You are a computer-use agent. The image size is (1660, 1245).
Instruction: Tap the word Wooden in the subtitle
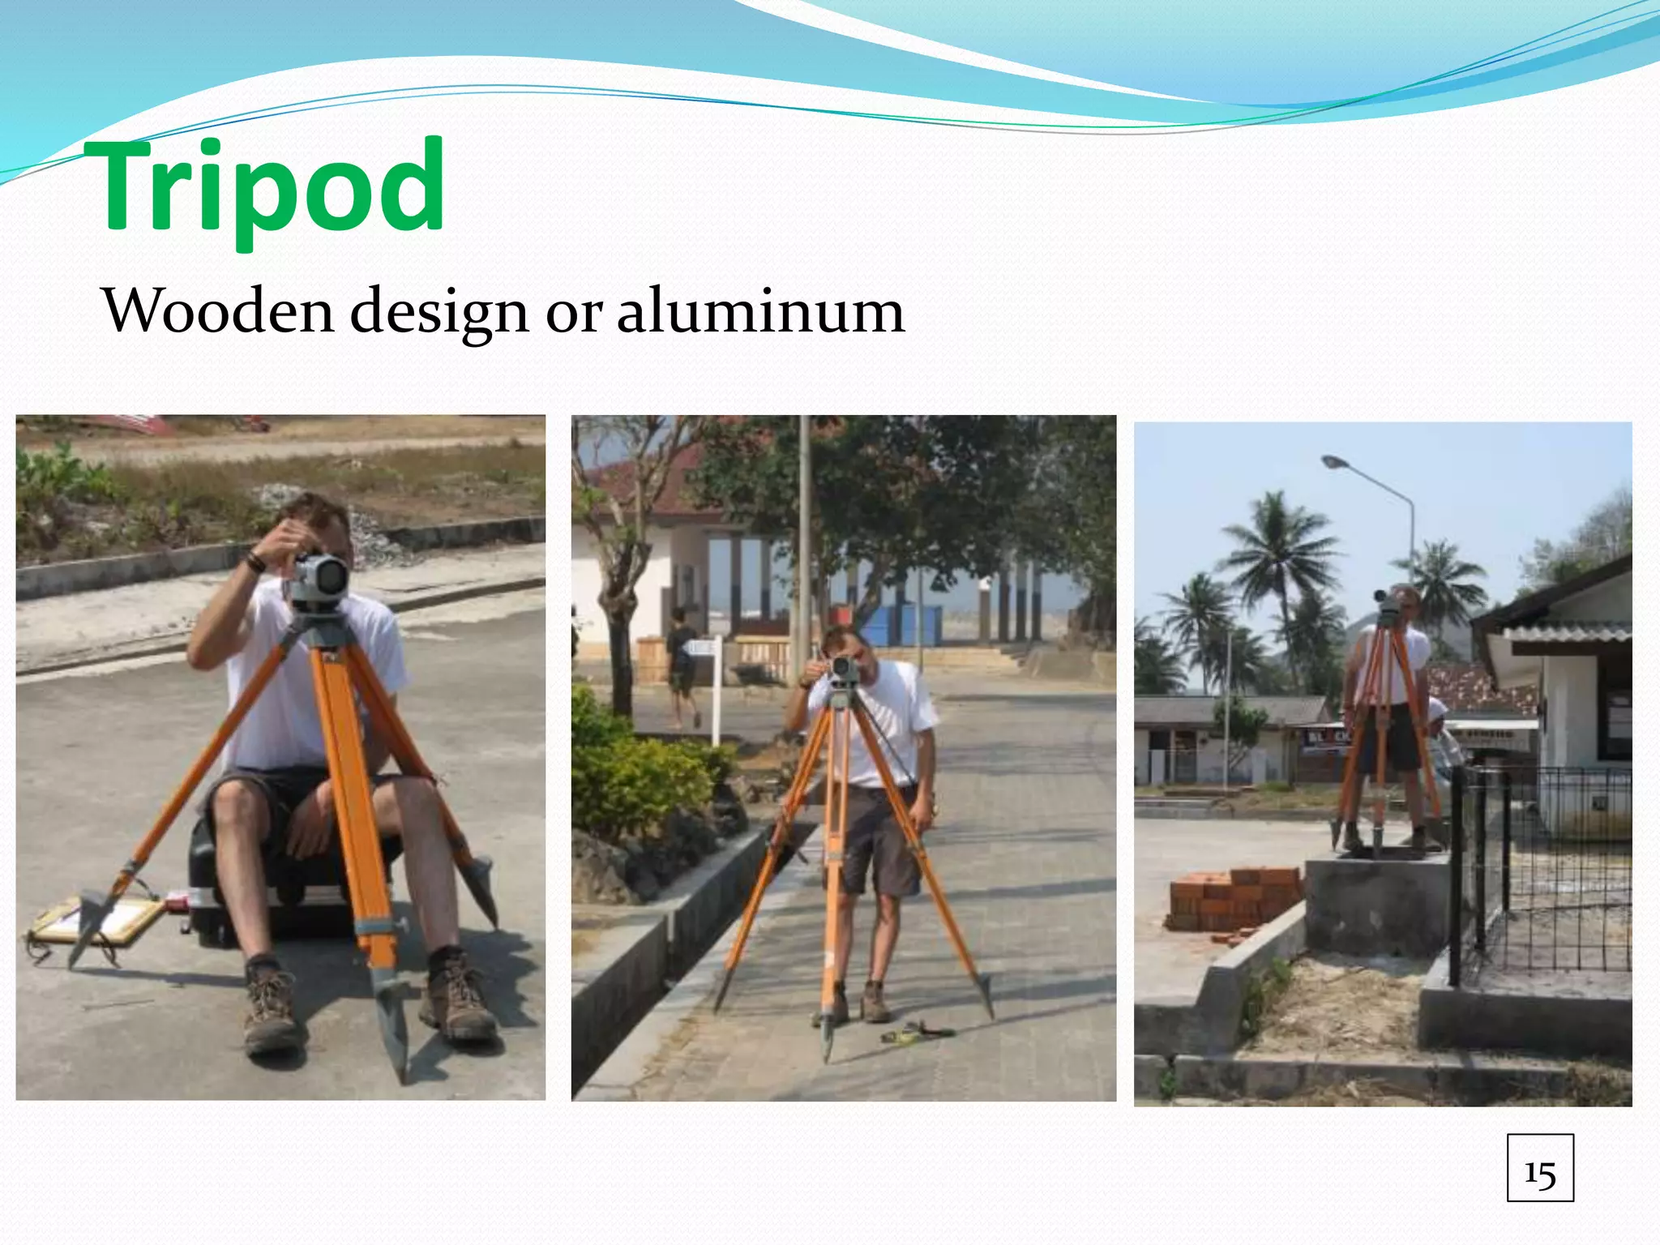coord(217,310)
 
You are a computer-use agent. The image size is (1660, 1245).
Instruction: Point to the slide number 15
coord(1539,1168)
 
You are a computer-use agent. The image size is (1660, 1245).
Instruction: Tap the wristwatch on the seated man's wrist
coord(256,560)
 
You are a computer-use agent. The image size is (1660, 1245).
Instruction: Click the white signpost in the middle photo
coord(715,689)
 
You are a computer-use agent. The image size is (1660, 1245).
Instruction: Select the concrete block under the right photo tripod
coord(1378,904)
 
